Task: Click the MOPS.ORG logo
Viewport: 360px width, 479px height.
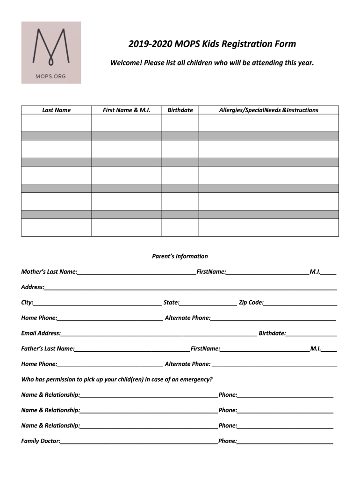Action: click(51, 52)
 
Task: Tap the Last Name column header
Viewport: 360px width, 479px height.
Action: click(56, 110)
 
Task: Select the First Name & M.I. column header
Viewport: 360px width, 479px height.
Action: click(126, 110)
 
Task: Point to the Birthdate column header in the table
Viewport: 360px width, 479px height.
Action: click(180, 110)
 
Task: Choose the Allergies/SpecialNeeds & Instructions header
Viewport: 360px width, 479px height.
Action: click(268, 110)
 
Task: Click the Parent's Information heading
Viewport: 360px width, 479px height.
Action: click(180, 256)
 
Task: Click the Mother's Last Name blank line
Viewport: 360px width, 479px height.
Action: click(137, 272)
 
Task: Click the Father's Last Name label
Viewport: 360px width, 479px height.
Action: click(48, 348)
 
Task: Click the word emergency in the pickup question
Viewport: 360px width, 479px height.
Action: click(197, 379)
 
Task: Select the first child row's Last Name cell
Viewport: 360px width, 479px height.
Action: click(56, 123)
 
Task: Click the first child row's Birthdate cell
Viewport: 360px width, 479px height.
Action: click(180, 123)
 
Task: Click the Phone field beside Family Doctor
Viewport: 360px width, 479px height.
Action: click(285, 442)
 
